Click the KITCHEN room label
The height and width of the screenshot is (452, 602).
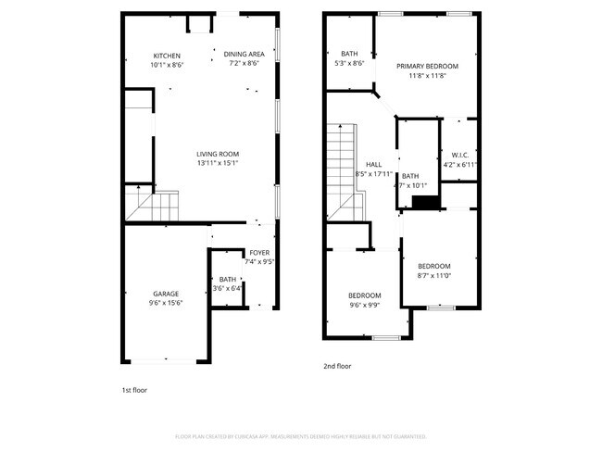click(x=167, y=56)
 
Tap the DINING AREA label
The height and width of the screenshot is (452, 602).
click(x=244, y=54)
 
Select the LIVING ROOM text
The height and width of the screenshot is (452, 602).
click(x=218, y=154)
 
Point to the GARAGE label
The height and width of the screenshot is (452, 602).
click(x=167, y=294)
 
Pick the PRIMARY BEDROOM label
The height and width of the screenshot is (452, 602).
click(x=427, y=67)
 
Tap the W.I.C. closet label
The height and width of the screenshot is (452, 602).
click(x=459, y=155)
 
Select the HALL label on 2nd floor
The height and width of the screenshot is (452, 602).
click(x=373, y=164)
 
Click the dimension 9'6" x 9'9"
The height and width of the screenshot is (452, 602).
click(x=365, y=305)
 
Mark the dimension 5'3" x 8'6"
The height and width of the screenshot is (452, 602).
click(x=349, y=63)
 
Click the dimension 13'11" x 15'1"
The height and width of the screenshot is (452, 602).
click(x=218, y=163)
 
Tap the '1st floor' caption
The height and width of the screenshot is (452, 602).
click(x=134, y=390)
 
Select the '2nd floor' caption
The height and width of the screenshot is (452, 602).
click(x=337, y=366)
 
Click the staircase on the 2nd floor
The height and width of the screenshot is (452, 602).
click(x=341, y=172)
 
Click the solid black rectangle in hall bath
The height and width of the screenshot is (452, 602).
click(x=425, y=203)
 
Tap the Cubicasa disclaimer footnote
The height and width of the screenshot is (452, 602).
click(x=300, y=436)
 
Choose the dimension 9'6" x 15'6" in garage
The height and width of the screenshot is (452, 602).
click(x=167, y=303)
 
